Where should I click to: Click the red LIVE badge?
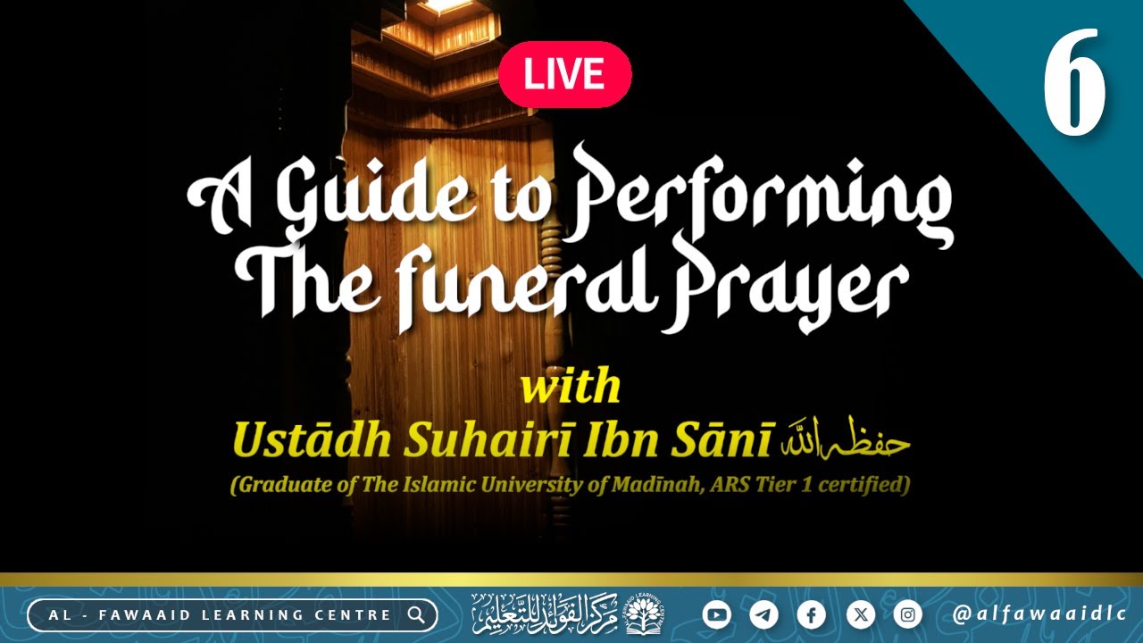coord(564,74)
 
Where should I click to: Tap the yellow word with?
coord(570,387)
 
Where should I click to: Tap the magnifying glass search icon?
coord(416,614)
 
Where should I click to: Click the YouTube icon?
coord(716,614)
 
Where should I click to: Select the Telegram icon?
coord(763,614)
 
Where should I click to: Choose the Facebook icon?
coord(811,614)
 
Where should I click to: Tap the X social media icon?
coord(859,614)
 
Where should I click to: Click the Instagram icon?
coord(907,614)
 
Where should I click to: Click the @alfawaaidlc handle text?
coord(1038,614)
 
